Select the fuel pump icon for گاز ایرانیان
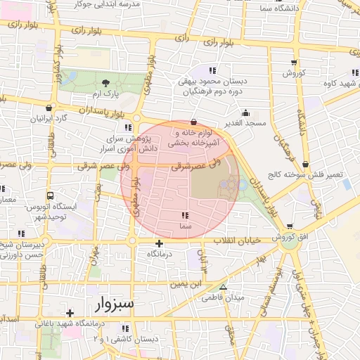[49, 108]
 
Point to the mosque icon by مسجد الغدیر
[245, 112]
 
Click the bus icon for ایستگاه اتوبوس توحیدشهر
[50, 195]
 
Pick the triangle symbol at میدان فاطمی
[223, 288]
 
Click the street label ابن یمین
[184, 284]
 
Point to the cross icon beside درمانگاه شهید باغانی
[69, 313]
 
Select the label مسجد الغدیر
[245, 123]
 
